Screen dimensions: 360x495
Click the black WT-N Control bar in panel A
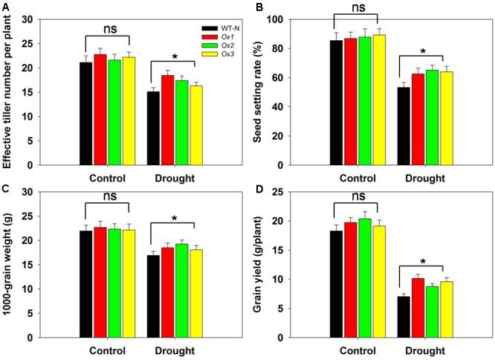point(85,114)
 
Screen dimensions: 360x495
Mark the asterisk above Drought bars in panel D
point(423,263)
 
